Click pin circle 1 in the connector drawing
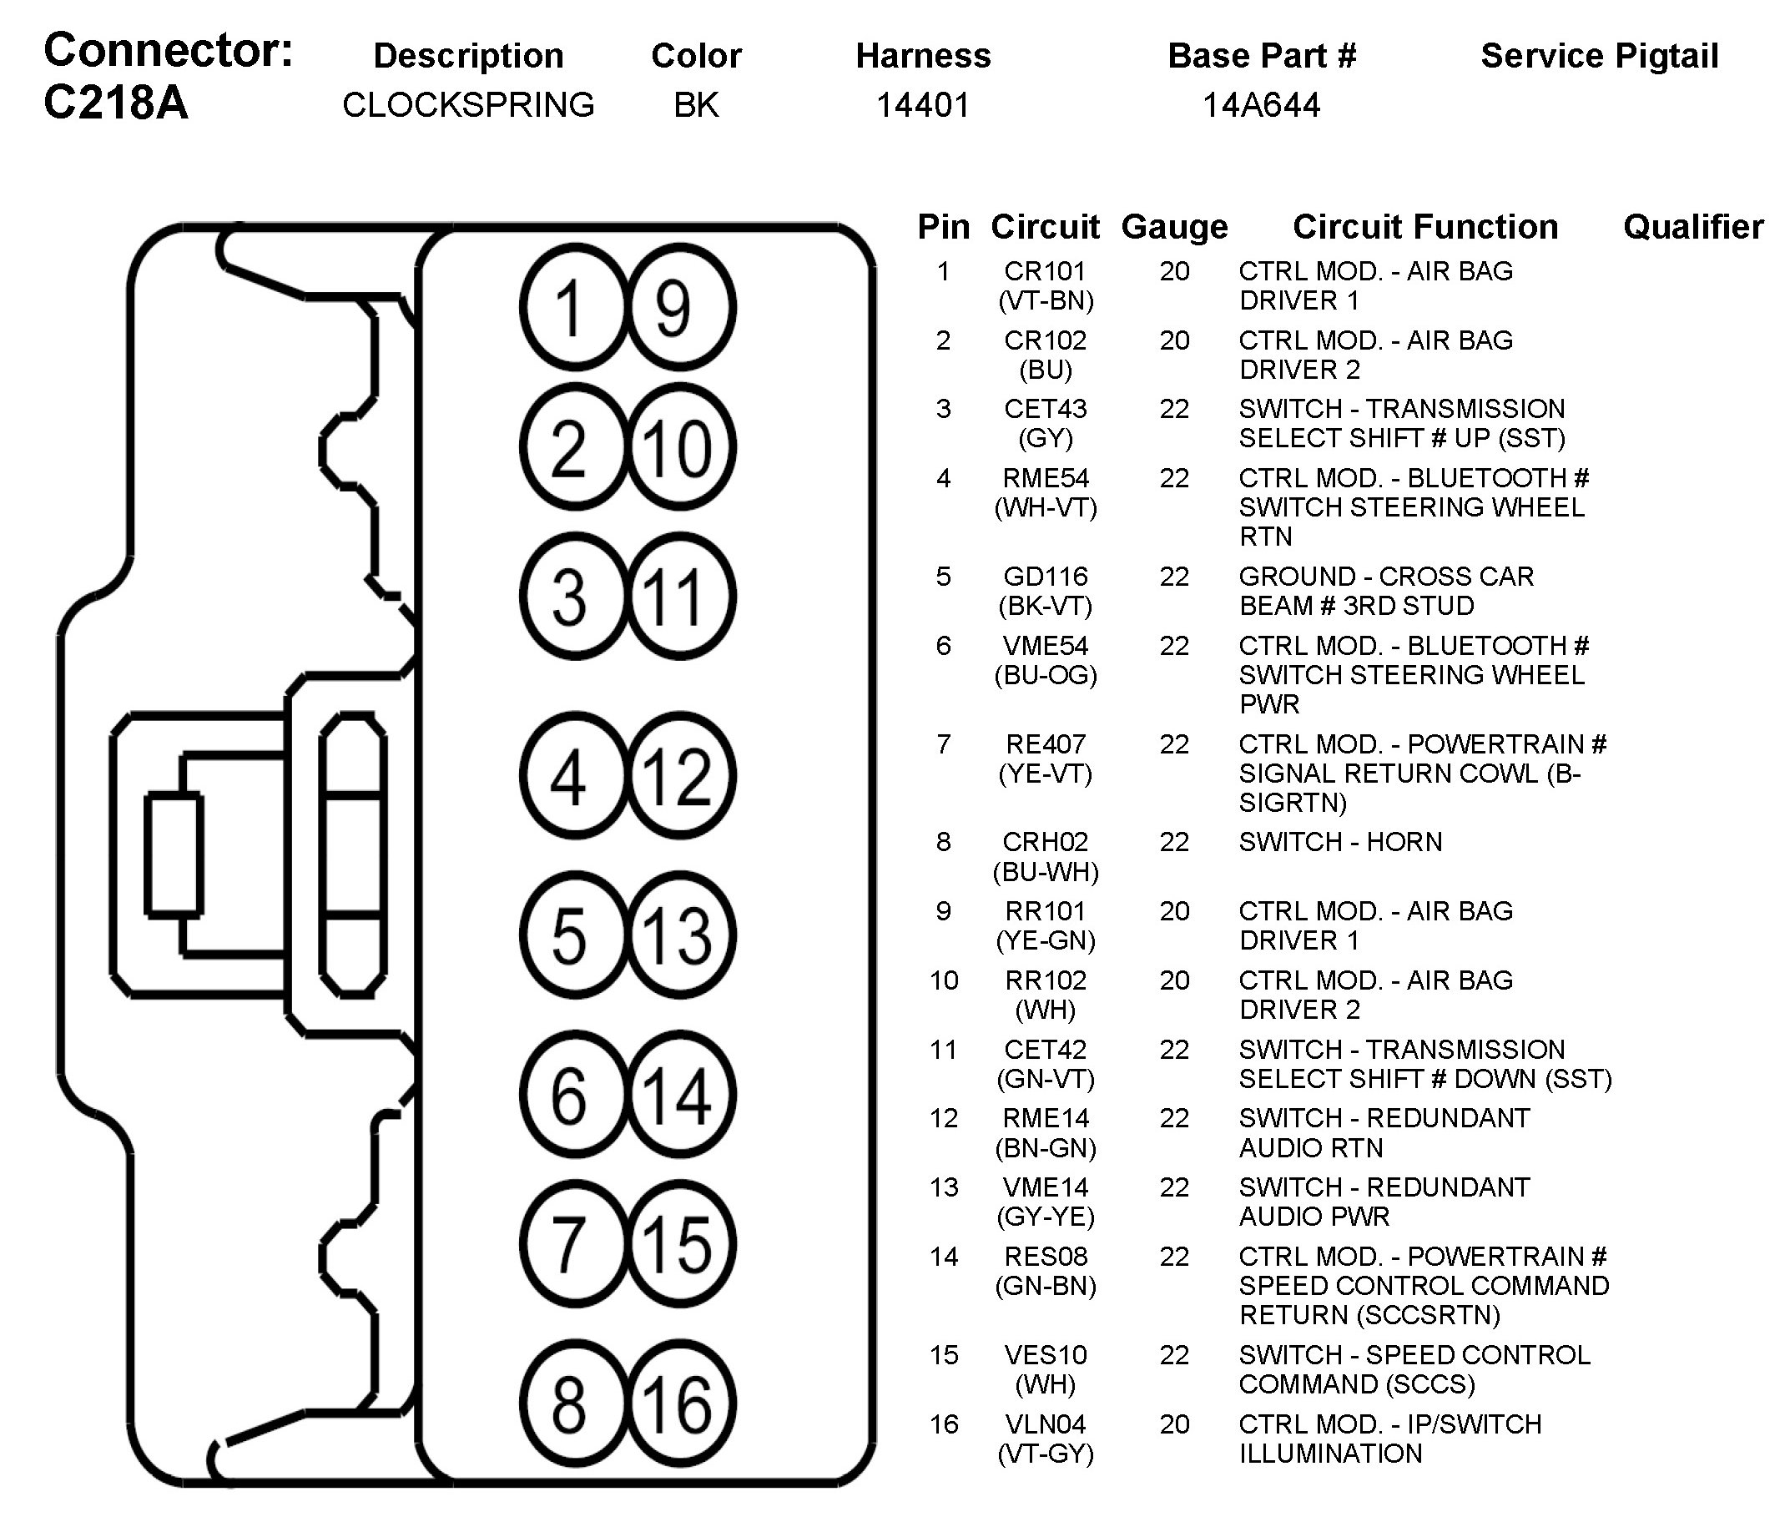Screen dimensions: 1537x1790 (570, 308)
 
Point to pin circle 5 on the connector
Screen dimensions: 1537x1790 (570, 935)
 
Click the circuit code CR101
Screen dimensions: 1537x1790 (1045, 271)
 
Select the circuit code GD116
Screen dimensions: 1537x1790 (1046, 577)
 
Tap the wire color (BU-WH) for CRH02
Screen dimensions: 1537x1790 (1046, 872)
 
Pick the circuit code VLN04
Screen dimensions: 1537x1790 (1046, 1424)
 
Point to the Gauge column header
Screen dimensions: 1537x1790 (1174, 227)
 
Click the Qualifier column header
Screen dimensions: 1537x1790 (1692, 227)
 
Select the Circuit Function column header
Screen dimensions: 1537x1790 (1425, 227)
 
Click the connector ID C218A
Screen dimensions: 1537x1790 (116, 103)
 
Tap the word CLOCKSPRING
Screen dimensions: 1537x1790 (468, 105)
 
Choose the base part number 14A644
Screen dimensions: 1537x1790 (1261, 105)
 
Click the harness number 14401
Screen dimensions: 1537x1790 (923, 105)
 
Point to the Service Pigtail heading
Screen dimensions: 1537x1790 (1599, 56)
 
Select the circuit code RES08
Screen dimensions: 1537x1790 (1046, 1256)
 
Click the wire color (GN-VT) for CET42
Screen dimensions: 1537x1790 (1046, 1079)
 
